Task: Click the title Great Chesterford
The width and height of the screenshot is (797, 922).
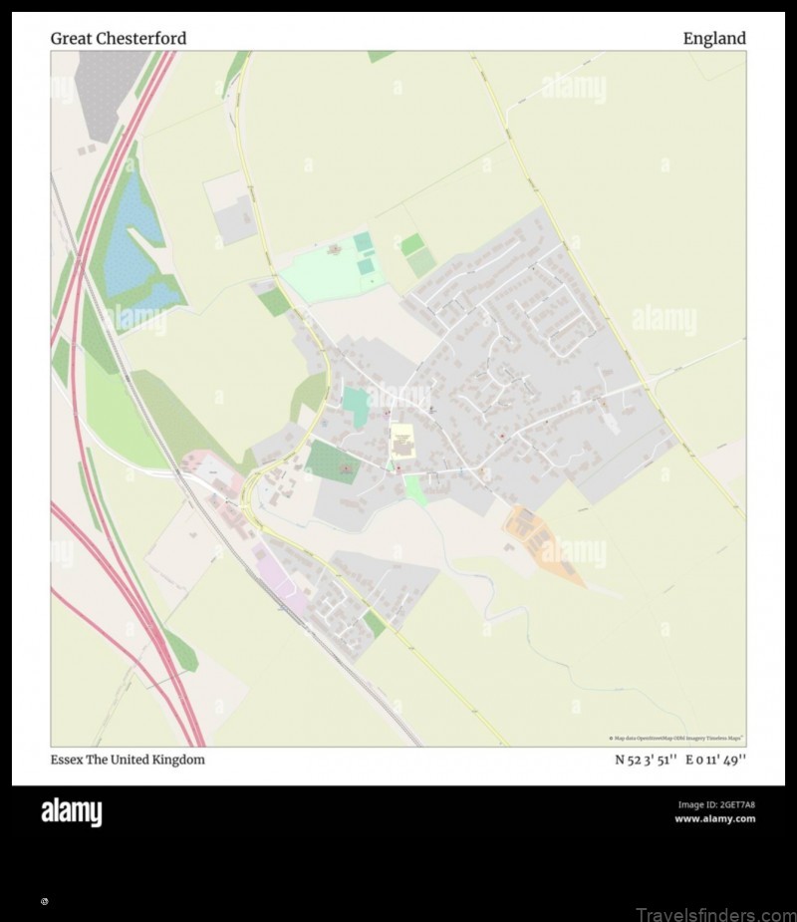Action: pyautogui.click(x=119, y=39)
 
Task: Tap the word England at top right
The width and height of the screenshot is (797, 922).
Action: pyautogui.click(x=713, y=39)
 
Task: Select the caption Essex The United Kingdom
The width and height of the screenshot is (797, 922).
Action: pyautogui.click(x=128, y=760)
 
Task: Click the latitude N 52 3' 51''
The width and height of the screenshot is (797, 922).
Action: pyautogui.click(x=647, y=760)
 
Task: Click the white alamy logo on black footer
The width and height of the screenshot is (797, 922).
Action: pyautogui.click(x=71, y=812)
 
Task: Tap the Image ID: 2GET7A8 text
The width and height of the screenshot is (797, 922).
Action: pyautogui.click(x=716, y=804)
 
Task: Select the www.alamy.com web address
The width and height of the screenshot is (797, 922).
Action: pyautogui.click(x=714, y=819)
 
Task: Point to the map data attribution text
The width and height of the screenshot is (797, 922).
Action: pyautogui.click(x=675, y=738)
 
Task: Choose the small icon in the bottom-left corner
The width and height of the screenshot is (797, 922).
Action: pyautogui.click(x=44, y=901)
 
